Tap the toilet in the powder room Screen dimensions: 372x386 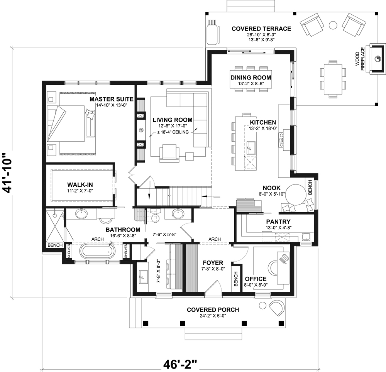click(155, 218)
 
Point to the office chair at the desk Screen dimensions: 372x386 click(273, 267)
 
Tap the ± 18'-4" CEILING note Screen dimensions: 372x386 click(173, 132)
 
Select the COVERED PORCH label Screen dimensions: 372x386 click(213, 309)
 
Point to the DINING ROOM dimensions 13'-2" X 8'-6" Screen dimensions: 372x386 click(251, 83)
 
